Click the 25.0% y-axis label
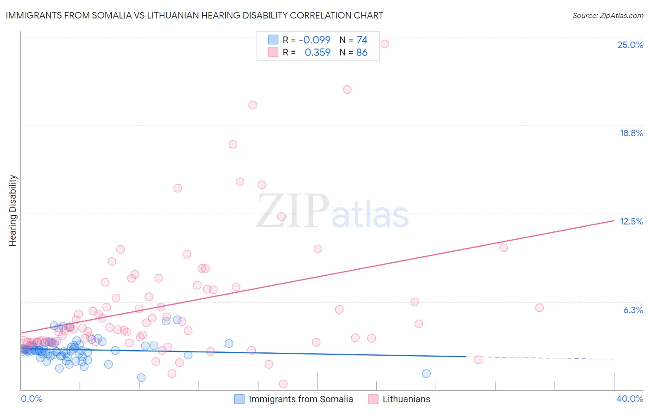[x=630, y=45]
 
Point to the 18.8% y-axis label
[x=631, y=133]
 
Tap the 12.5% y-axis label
[x=631, y=221]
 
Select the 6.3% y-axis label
[x=633, y=310]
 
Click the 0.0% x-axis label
[x=31, y=399]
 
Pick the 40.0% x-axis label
[x=629, y=399]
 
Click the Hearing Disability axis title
[x=12, y=210]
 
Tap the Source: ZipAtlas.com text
[x=607, y=15]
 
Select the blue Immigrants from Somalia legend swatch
[x=239, y=399]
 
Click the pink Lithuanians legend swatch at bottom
[x=373, y=399]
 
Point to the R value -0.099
[x=315, y=40]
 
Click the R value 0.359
[x=318, y=52]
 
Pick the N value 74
[x=362, y=40]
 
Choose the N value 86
[x=362, y=52]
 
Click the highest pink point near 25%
[x=385, y=44]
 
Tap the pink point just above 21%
[x=347, y=90]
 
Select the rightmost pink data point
[x=539, y=308]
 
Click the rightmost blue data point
[x=426, y=374]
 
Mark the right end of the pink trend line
[x=614, y=220]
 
